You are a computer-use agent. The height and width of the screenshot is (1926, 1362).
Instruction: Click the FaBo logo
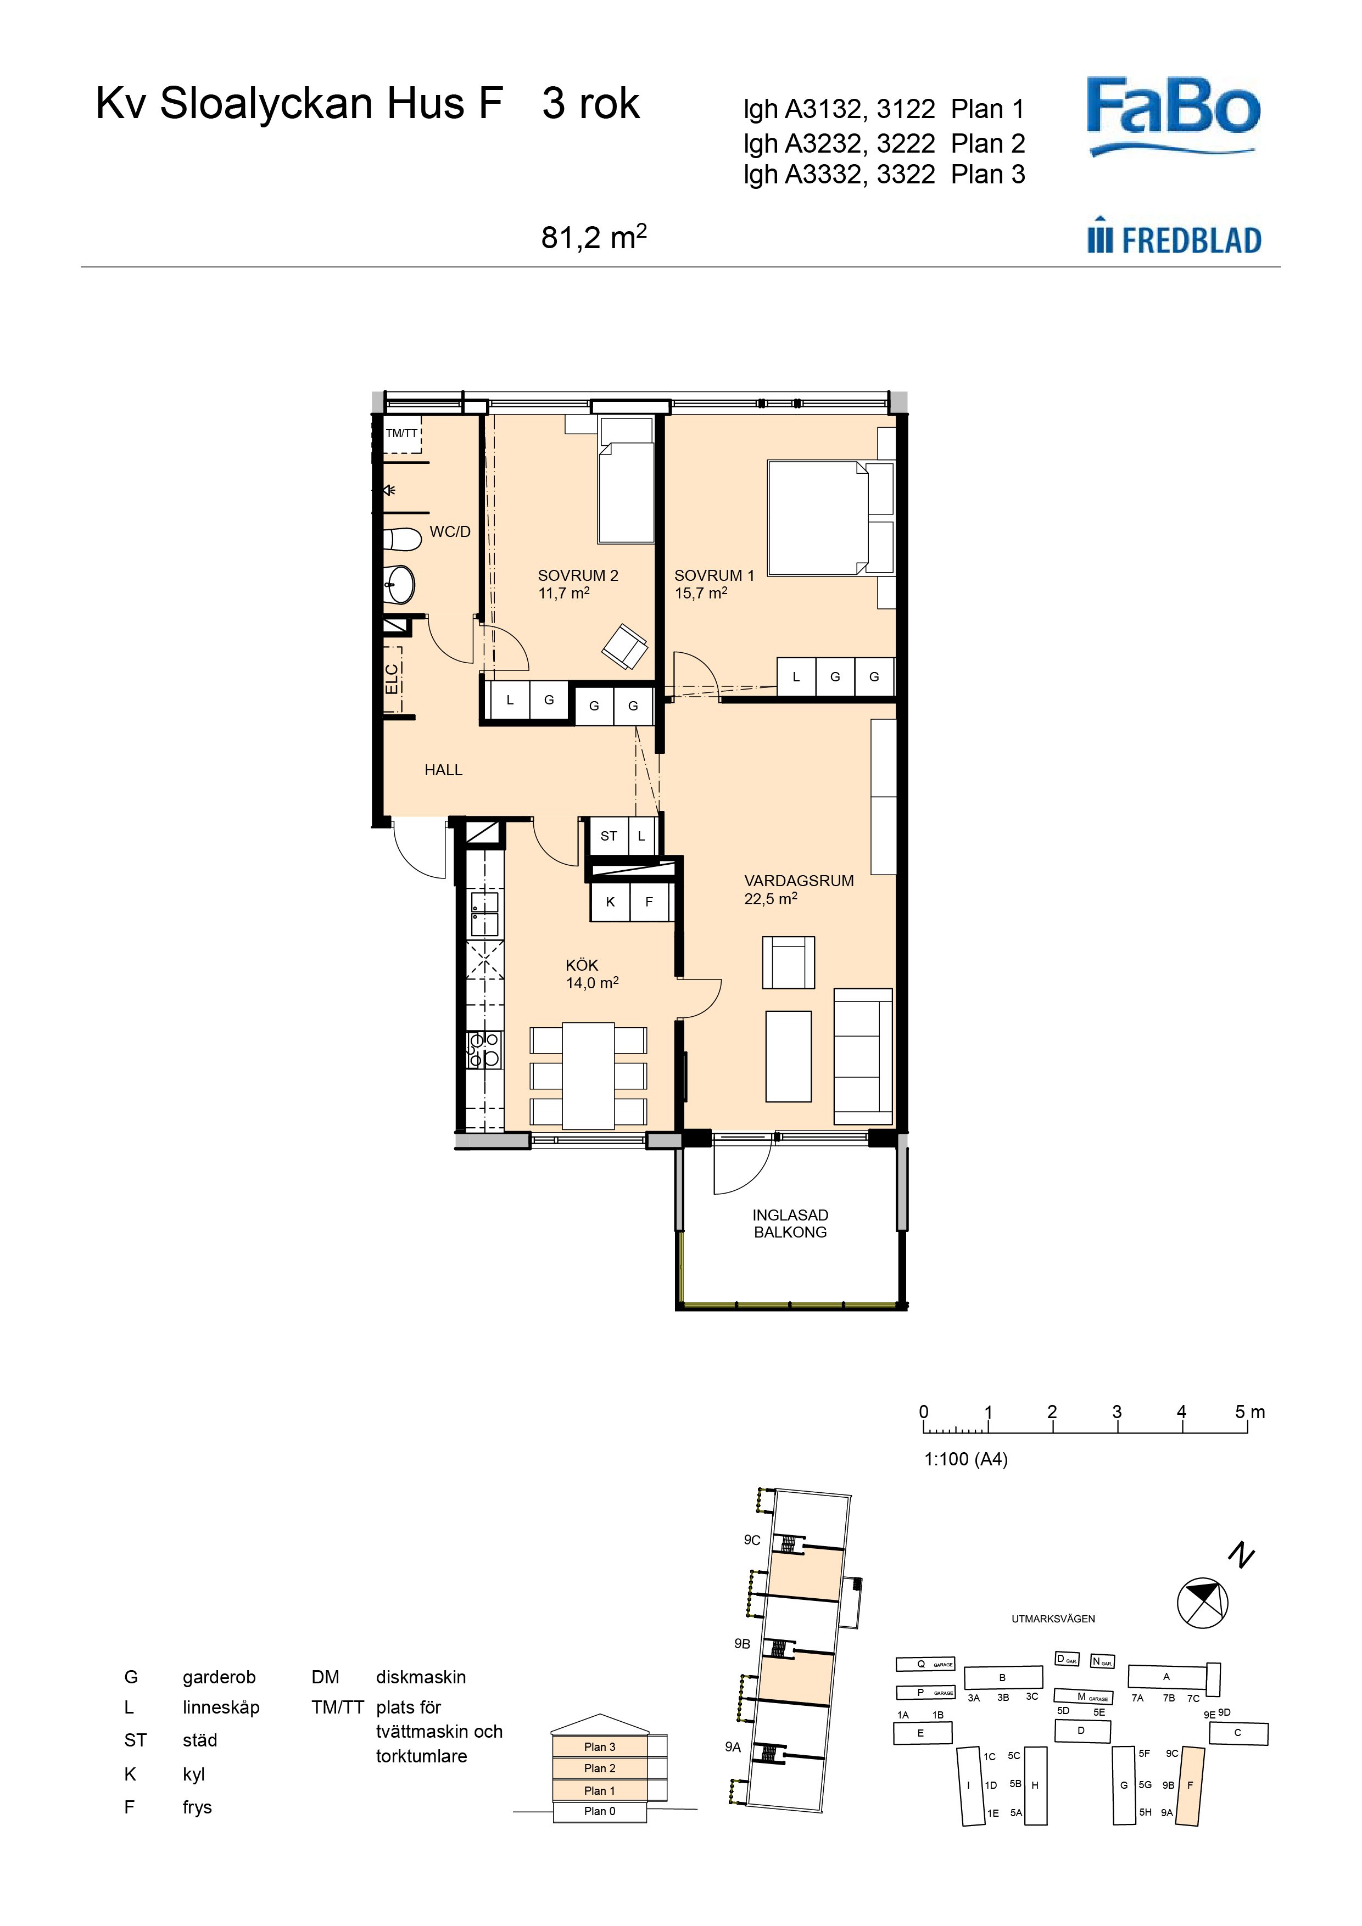[x=1173, y=116]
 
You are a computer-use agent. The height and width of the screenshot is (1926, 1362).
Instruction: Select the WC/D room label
[x=450, y=532]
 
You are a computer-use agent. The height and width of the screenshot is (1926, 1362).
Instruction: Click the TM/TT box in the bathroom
[x=402, y=434]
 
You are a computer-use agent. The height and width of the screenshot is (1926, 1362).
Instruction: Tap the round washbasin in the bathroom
[x=399, y=584]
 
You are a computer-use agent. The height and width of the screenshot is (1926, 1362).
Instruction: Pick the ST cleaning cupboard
[x=609, y=836]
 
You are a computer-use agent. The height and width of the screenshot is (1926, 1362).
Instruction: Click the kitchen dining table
[x=588, y=1076]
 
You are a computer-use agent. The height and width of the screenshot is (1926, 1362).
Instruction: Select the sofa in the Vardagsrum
[x=863, y=1056]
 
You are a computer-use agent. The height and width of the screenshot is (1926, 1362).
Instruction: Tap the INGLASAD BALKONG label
[x=790, y=1223]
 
